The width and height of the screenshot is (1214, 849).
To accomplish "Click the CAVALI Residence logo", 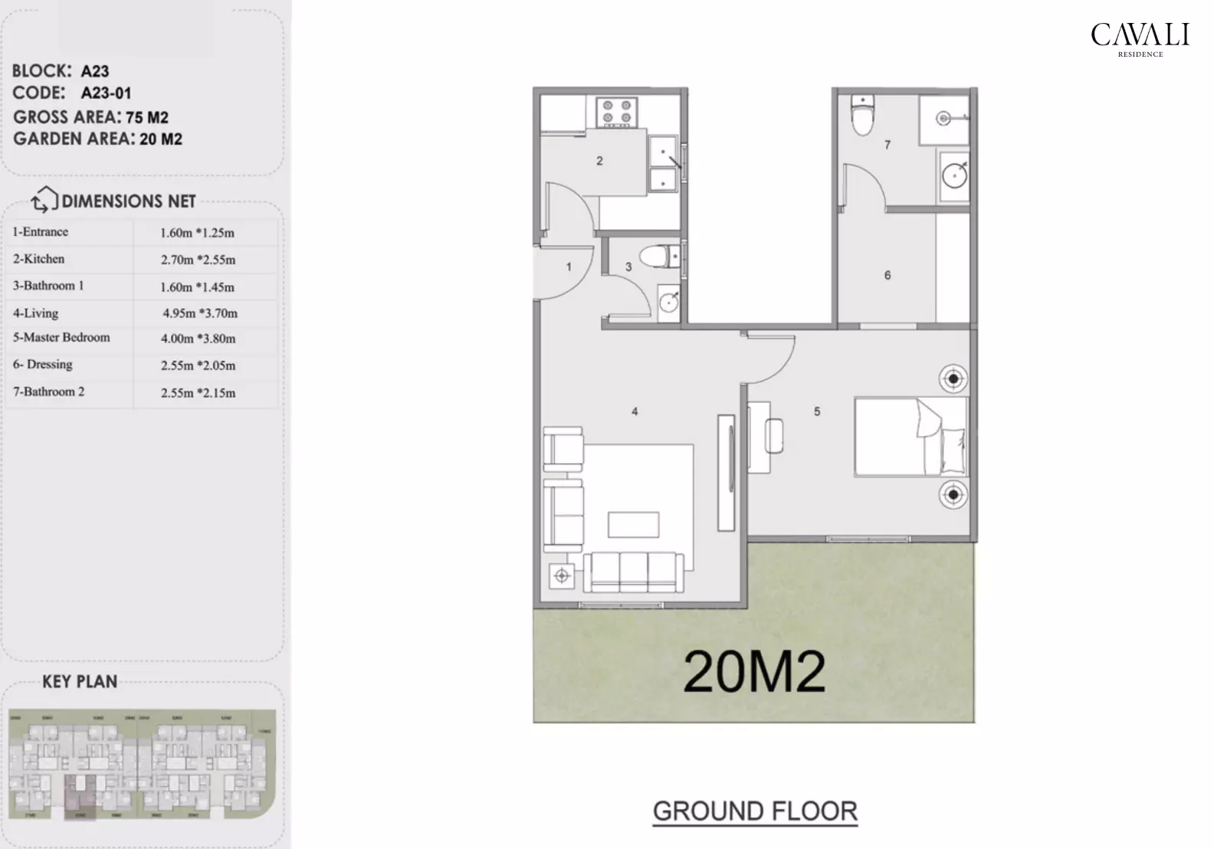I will (x=1140, y=38).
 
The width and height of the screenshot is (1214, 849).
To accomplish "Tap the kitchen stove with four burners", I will (x=617, y=111).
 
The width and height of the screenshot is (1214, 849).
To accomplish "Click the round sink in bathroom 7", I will (x=954, y=175).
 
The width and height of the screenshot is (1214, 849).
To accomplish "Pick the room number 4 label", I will (x=635, y=411).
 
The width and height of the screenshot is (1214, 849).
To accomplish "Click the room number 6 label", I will (x=888, y=275).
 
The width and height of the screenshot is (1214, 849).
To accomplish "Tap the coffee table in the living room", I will (x=633, y=525).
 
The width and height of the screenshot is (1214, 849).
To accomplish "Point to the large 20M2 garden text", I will (x=754, y=671).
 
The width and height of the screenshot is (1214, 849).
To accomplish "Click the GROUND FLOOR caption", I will (x=755, y=811).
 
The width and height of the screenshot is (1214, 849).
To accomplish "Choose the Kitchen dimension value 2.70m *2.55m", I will (x=198, y=260).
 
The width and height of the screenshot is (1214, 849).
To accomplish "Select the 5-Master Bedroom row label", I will (x=61, y=337).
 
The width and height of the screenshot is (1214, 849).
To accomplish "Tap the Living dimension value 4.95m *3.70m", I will (x=199, y=313).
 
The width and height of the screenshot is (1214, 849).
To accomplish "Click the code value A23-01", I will (x=106, y=93).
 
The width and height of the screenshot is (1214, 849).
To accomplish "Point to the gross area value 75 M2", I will (x=147, y=117).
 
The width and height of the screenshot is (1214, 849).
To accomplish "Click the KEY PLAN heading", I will (x=80, y=681).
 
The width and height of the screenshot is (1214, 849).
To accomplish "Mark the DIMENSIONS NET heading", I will (x=128, y=202).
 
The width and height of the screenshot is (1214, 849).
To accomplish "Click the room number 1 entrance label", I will (x=569, y=267).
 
